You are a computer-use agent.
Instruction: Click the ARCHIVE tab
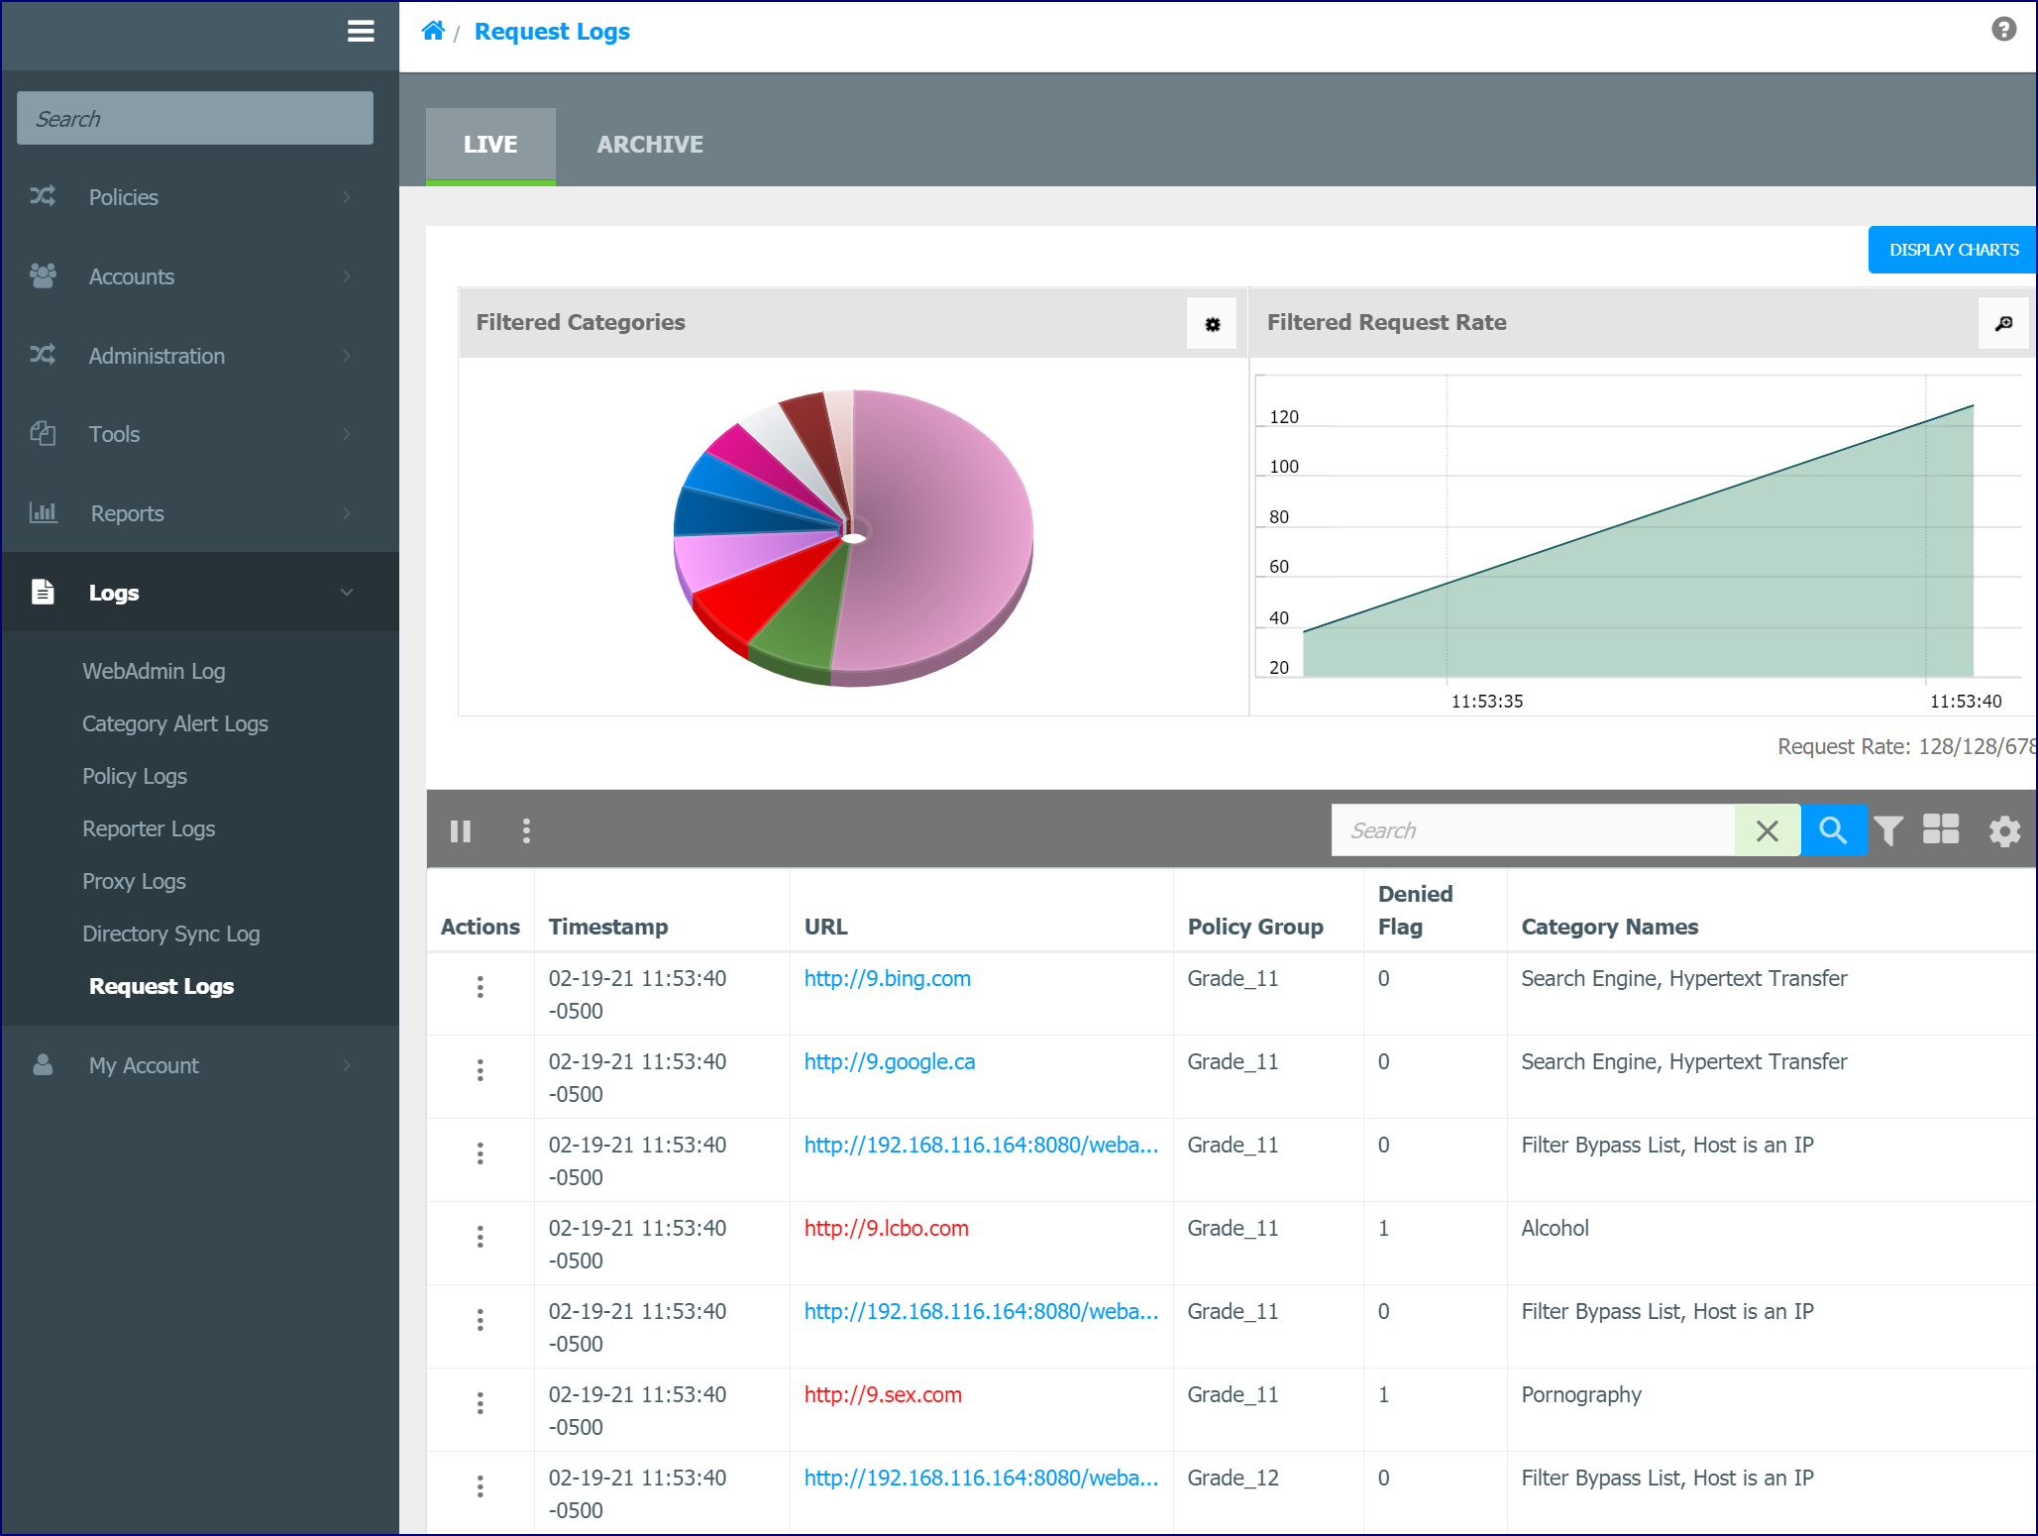(x=650, y=145)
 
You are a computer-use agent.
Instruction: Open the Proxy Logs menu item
(x=134, y=881)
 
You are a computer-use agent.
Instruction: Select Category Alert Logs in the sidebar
(x=175, y=723)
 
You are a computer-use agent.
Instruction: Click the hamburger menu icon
(x=361, y=32)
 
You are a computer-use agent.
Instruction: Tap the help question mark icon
(x=2003, y=30)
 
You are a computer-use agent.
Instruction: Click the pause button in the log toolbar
(x=461, y=830)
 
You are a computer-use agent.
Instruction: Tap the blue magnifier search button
(x=1833, y=830)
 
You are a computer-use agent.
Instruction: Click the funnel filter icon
(x=1888, y=830)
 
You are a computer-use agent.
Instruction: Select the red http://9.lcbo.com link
(x=887, y=1228)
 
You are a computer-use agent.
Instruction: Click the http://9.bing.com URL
(x=888, y=978)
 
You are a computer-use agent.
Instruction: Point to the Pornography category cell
(x=1581, y=1394)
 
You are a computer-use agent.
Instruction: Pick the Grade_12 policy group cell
(x=1234, y=1478)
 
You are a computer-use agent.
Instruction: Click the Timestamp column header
(x=608, y=927)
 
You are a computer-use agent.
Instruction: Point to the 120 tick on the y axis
(x=1284, y=417)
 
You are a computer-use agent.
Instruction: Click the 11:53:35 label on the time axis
(x=1487, y=702)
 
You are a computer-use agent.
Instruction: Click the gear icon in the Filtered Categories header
(x=1212, y=324)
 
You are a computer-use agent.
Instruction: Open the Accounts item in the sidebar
(x=132, y=276)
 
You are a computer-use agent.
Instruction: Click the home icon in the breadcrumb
(x=433, y=31)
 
